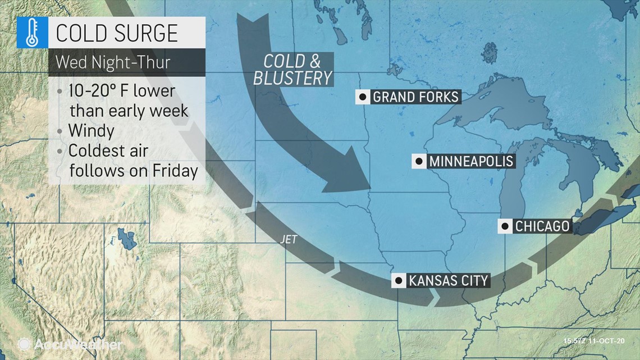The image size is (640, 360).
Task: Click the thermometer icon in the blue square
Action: click(32, 33)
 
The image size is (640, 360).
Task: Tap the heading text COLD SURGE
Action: click(117, 34)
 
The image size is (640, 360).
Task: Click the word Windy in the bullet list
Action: click(91, 131)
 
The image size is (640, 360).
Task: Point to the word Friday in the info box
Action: click(175, 170)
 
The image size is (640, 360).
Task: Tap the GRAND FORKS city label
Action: click(416, 97)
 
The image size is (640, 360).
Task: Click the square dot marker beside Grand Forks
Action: click(363, 97)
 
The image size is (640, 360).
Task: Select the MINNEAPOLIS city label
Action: click(471, 162)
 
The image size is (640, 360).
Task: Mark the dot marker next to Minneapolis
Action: click(419, 162)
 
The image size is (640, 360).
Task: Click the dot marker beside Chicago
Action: click(505, 226)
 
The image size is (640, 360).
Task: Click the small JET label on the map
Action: click(288, 239)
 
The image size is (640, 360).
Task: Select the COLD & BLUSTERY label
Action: click(292, 70)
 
